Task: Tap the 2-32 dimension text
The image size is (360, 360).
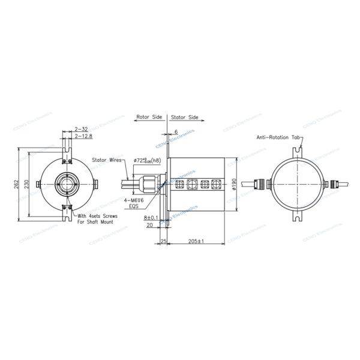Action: (81, 129)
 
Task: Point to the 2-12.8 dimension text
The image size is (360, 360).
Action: (83, 136)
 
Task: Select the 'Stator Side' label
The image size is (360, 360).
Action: (185, 118)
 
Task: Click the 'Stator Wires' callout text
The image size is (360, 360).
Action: (108, 160)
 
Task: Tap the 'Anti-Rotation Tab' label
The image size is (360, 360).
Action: (278, 137)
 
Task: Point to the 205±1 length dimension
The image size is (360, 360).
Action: (196, 241)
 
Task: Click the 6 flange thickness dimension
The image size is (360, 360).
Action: (176, 131)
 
